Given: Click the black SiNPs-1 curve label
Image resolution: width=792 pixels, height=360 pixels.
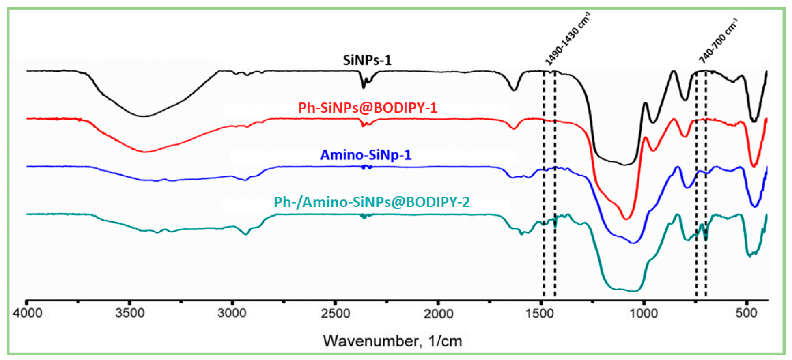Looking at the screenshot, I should point(367,60).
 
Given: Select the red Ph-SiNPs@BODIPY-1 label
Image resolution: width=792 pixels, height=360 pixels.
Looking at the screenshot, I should point(368,108).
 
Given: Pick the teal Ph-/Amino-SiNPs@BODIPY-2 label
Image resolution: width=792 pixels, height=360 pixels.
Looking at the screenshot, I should point(372,202).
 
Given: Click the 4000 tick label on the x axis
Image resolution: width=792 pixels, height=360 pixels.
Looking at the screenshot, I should point(27,313).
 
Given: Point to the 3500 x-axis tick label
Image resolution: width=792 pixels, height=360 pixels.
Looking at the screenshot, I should point(130,313).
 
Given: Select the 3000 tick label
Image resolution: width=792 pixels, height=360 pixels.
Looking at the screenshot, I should point(232,313).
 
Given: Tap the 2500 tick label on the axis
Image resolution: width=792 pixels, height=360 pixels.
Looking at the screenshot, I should point(335,313).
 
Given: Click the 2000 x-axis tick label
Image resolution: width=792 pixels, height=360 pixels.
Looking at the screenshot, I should point(438,313).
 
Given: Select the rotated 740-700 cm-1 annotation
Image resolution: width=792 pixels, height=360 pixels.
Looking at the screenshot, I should point(718,41).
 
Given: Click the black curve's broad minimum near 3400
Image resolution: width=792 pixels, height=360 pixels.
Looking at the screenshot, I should point(143,116).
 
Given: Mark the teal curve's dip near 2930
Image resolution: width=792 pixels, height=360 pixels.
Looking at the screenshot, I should point(245,235).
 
